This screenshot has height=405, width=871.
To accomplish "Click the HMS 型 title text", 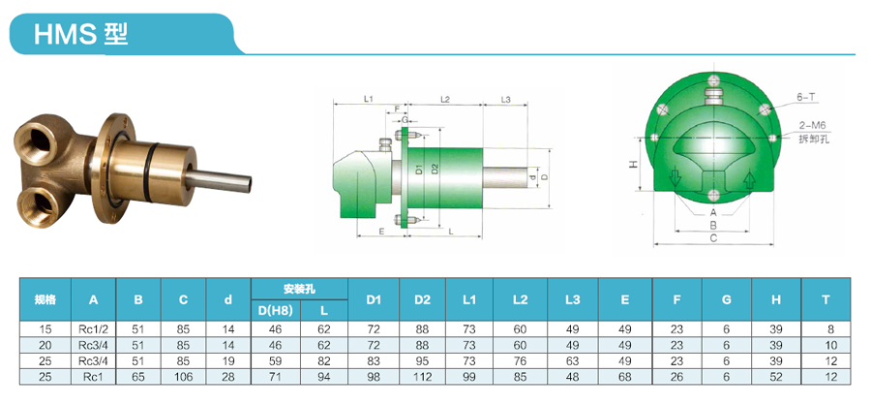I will pyautogui.click(x=80, y=35).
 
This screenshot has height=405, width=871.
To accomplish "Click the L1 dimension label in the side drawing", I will pyautogui.click(x=369, y=99).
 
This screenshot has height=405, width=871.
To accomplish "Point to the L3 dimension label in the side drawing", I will pyautogui.click(x=506, y=99).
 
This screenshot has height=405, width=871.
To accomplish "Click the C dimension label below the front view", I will pyautogui.click(x=713, y=237).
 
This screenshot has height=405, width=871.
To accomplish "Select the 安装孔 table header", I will pyautogui.click(x=299, y=289).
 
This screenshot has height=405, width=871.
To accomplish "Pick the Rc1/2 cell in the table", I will pyautogui.click(x=93, y=329).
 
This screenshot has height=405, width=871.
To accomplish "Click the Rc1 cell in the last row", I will pyautogui.click(x=93, y=375).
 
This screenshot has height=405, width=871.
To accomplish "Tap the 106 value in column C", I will pyautogui.click(x=183, y=375).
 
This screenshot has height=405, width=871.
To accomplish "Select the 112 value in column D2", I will pyautogui.click(x=422, y=375).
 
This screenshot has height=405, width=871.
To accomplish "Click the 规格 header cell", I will pyautogui.click(x=45, y=299).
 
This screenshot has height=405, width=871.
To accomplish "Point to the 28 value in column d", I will pyautogui.click(x=228, y=375).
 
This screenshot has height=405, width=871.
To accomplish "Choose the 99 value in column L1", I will pyautogui.click(x=469, y=375).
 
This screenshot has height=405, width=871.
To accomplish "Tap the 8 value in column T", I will pyautogui.click(x=830, y=329).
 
